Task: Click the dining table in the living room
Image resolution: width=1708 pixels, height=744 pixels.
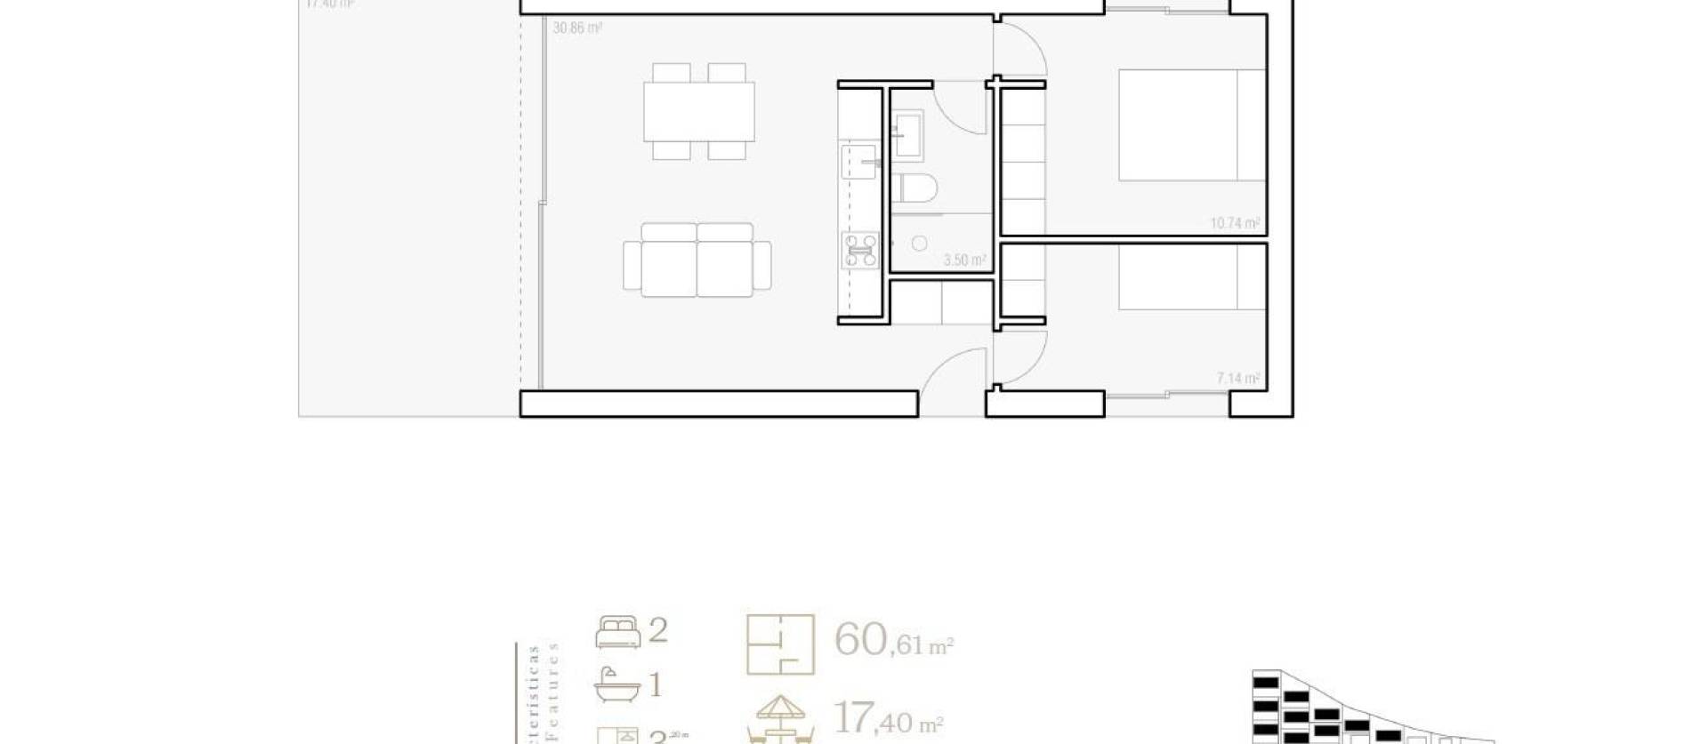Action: coord(699,111)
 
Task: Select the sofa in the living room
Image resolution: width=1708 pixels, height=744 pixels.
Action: coord(697,260)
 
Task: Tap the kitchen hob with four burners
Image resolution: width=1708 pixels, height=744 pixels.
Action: coord(860,251)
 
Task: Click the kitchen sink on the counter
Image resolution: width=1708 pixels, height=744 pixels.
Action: coord(858,163)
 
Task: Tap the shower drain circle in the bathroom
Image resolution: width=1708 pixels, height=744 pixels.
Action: coord(920,243)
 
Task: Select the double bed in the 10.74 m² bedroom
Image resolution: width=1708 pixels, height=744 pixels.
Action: coord(1190,125)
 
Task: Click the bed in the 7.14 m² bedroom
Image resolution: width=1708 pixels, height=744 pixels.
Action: coord(1190,277)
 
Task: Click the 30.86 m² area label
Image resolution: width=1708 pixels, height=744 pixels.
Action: coord(577,28)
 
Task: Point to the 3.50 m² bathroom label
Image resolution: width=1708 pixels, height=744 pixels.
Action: coord(964,260)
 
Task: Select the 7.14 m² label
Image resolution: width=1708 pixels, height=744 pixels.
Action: coord(1237,379)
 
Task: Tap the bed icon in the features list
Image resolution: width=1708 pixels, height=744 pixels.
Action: coord(617,632)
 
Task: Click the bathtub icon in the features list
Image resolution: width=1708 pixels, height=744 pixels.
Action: coord(616,685)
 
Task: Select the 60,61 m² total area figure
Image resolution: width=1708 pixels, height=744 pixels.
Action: coord(892,640)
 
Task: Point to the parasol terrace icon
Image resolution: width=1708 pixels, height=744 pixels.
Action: coord(780,719)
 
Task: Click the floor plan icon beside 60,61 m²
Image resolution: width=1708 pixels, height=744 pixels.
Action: coord(780,644)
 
